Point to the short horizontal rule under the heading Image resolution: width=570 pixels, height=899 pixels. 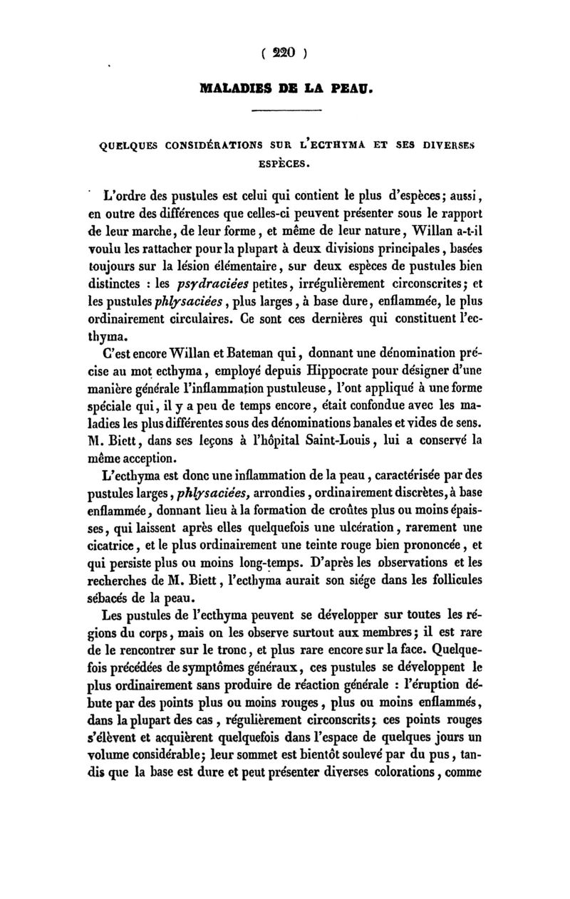289,110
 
